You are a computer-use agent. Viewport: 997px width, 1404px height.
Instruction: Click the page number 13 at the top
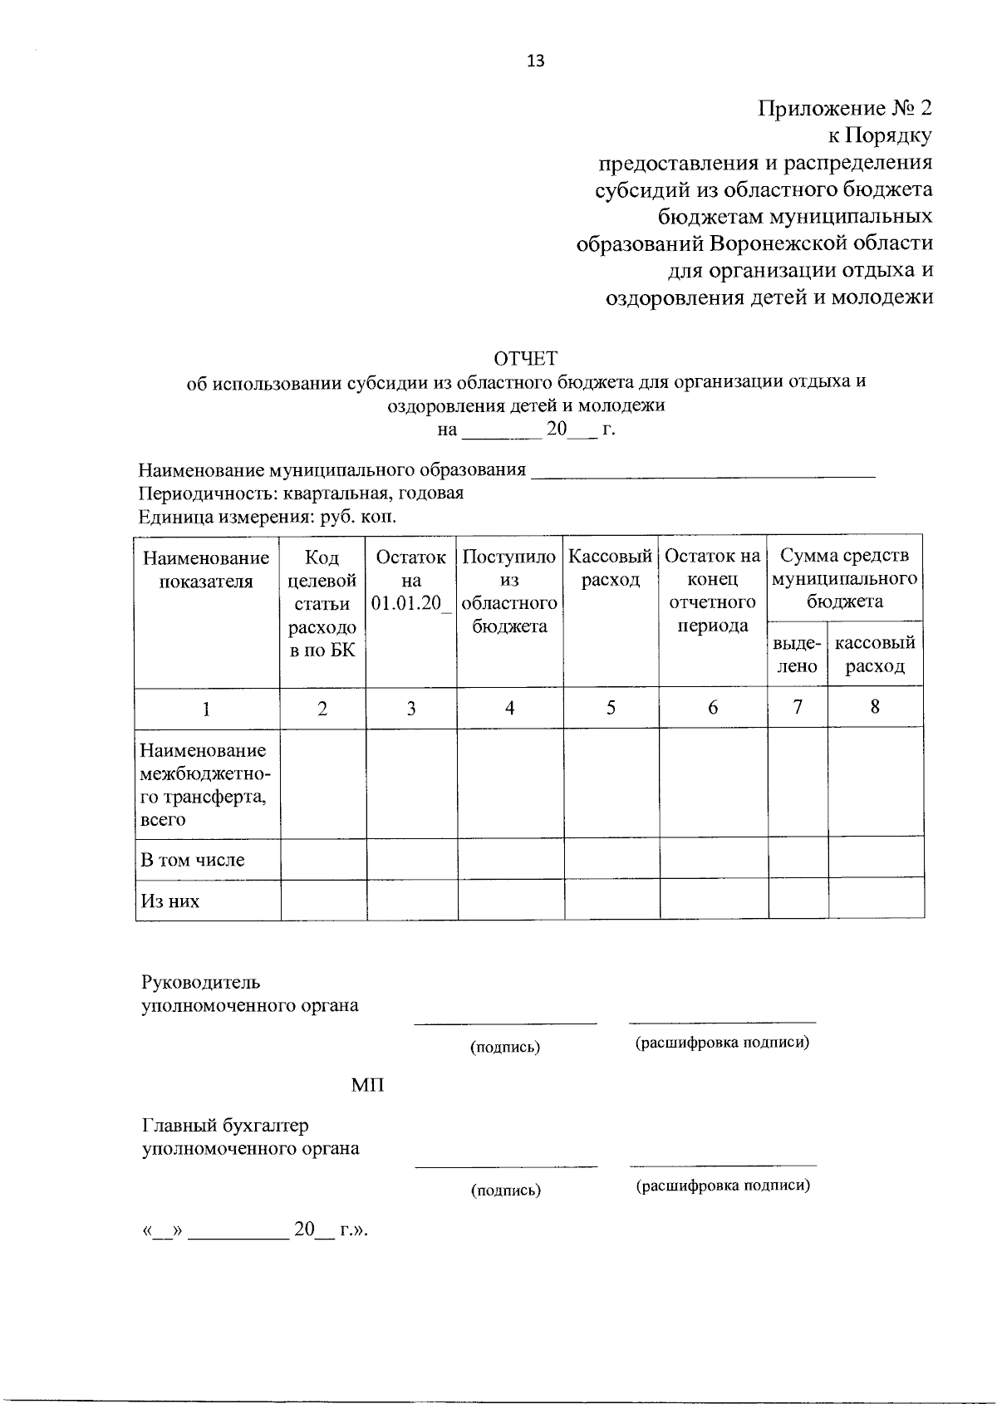pos(535,61)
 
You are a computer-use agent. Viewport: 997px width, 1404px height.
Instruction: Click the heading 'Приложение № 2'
pos(845,108)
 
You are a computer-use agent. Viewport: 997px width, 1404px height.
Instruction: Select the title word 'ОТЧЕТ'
pos(526,358)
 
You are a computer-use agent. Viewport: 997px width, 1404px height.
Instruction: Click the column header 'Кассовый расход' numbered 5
pos(611,568)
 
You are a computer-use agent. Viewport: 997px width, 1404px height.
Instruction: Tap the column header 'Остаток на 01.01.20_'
pos(411,580)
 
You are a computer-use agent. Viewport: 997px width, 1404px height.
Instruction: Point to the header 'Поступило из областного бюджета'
pos(509,591)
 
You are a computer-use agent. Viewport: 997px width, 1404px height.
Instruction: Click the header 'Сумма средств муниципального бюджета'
pos(845,578)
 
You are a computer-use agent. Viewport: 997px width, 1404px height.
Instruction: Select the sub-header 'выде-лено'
pos(797,655)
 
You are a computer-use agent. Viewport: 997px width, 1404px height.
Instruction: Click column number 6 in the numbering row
pos(713,708)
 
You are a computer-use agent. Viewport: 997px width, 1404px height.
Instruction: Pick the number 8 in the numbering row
pos(875,707)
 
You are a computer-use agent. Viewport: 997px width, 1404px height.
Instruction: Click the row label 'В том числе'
pos(193,860)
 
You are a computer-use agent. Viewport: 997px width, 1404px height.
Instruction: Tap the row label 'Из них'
pos(170,901)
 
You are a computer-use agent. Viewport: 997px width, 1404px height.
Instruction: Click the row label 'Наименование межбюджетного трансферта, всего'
pos(204,785)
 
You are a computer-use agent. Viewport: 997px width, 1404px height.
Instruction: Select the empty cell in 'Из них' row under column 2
pos(323,901)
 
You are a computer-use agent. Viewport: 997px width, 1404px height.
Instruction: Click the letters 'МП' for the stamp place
pos(368,1086)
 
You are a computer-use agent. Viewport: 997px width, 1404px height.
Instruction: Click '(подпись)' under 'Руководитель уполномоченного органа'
pos(505,1048)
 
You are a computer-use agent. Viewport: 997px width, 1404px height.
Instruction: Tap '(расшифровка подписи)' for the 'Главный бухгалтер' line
pos(723,1186)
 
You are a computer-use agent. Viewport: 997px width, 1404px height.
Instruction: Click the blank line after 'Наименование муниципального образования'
pos(703,472)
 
